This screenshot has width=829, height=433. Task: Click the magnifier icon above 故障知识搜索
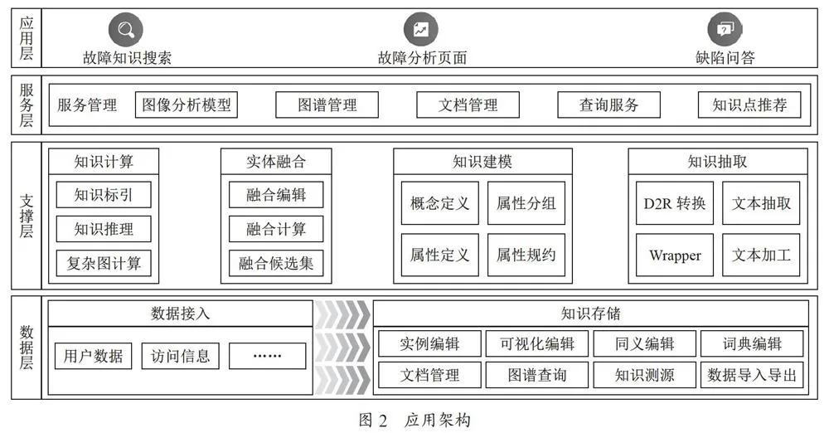[126, 30]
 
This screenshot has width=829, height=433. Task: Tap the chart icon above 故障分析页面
[421, 30]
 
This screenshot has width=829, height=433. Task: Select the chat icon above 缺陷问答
[725, 30]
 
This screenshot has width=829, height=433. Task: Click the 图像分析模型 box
[186, 105]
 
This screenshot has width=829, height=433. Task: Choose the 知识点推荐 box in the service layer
[749, 105]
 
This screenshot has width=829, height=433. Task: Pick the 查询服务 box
[608, 105]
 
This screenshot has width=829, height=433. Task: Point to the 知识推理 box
[104, 229]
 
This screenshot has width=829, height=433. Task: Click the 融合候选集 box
[276, 263]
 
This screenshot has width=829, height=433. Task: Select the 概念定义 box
[440, 203]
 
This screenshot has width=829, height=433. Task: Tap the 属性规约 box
[526, 255]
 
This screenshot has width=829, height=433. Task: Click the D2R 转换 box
[675, 203]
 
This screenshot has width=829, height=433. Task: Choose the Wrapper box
[675, 255]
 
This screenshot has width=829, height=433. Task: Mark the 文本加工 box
[761, 255]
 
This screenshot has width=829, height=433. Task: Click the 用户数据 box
[93, 356]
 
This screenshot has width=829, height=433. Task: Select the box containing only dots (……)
[267, 356]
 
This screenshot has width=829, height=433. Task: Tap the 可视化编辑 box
[537, 343]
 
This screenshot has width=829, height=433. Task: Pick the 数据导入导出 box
[752, 375]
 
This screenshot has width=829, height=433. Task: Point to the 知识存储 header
[590, 314]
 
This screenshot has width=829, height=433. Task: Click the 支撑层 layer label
[27, 216]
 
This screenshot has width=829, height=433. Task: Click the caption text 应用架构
[437, 421]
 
